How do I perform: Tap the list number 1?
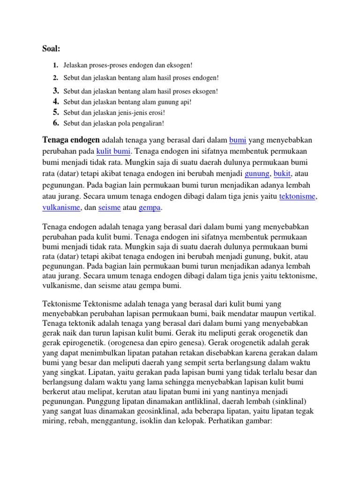point(55,65)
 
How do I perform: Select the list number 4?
point(55,101)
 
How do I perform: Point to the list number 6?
point(55,123)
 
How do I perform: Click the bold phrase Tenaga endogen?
point(71,140)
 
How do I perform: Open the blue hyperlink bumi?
point(237,140)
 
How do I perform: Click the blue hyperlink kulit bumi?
point(113,151)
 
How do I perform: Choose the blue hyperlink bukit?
point(282,174)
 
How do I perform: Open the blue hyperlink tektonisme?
point(298,196)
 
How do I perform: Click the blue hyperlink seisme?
point(109,208)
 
